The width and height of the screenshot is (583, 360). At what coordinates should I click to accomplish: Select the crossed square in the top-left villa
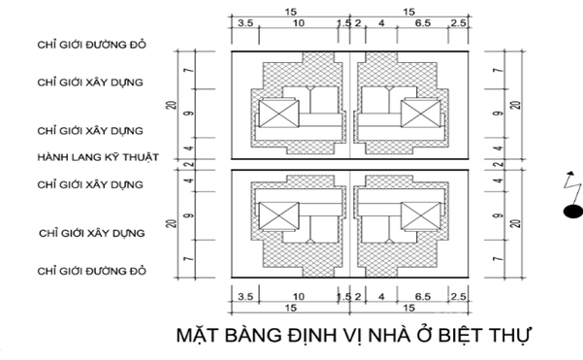tap(268, 115)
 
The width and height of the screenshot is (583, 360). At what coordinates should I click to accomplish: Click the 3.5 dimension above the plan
tap(245, 21)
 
